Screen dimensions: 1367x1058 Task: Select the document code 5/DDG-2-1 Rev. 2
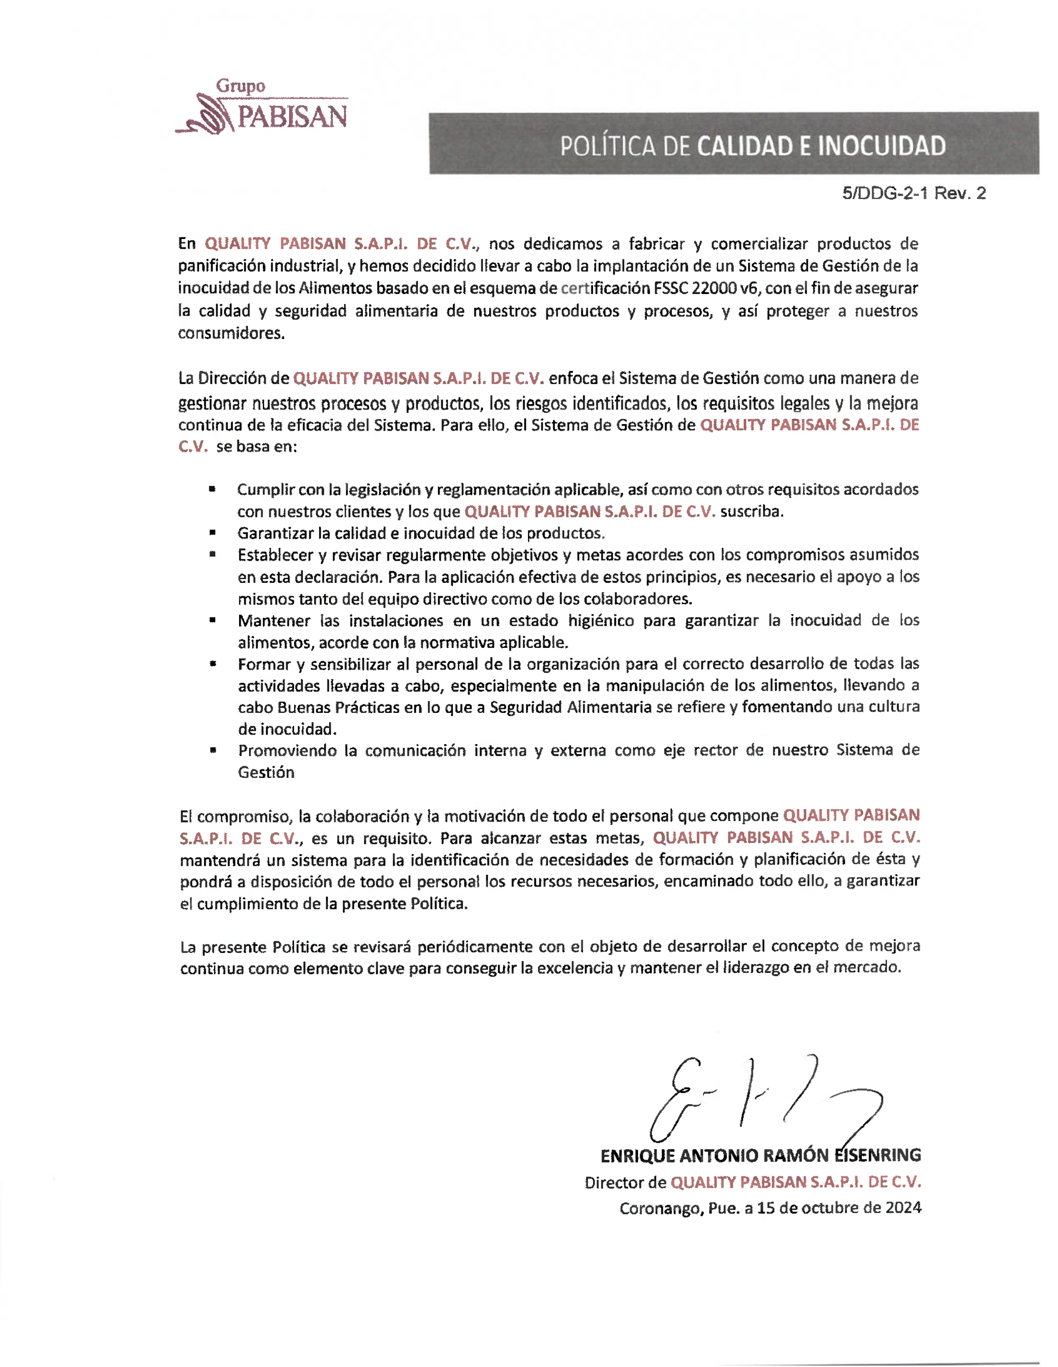(x=914, y=194)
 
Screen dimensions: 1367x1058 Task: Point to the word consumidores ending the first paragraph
(x=231, y=333)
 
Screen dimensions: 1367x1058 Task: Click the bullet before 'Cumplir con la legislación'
(x=213, y=489)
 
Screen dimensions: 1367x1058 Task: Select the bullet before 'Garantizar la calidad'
(x=213, y=533)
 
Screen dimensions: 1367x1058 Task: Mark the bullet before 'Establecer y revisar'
(x=213, y=555)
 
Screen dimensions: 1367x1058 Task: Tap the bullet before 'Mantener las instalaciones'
(x=213, y=620)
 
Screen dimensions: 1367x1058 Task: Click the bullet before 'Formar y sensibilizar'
(x=213, y=664)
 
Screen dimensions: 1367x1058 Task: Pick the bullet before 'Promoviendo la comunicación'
(x=213, y=750)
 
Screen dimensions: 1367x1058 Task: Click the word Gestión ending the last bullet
(x=266, y=773)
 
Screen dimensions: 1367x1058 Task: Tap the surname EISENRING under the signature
(x=877, y=1155)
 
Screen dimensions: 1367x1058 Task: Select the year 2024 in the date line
(x=903, y=1208)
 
